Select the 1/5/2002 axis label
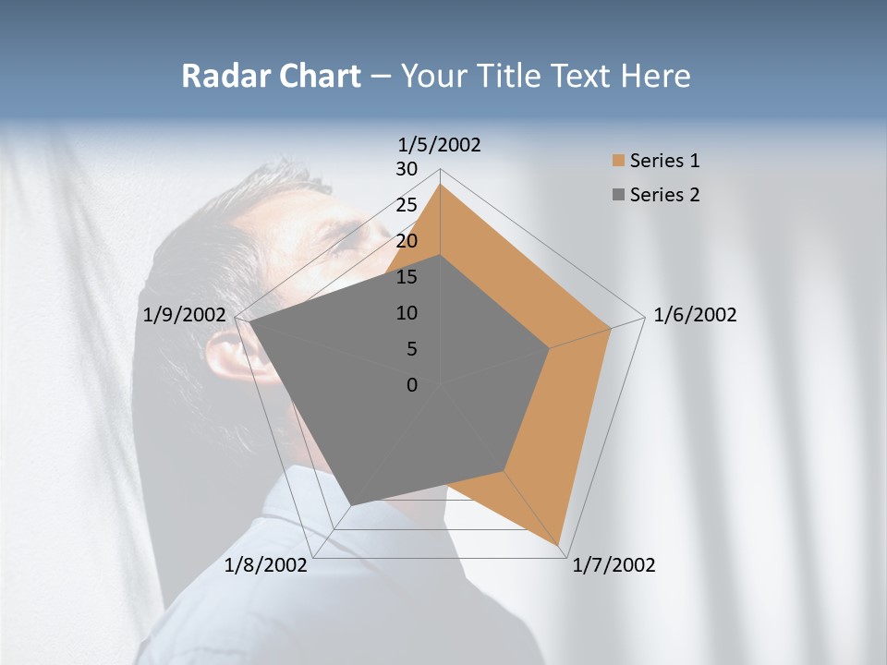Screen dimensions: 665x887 [x=440, y=144]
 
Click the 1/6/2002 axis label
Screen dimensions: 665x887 [x=695, y=315]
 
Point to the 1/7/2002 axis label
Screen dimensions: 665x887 [x=614, y=565]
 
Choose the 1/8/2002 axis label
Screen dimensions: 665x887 [x=266, y=565]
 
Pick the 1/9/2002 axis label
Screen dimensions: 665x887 [x=185, y=315]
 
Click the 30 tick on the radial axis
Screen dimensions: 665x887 [x=407, y=169]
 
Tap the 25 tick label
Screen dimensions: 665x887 [x=407, y=205]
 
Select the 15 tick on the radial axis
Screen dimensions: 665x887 [x=407, y=277]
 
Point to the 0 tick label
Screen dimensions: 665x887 [x=412, y=385]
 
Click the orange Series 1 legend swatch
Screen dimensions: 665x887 [x=618, y=162]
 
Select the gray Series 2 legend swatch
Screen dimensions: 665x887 [x=618, y=195]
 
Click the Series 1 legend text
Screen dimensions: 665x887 [x=664, y=161]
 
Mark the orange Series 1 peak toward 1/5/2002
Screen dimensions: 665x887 [x=440, y=186]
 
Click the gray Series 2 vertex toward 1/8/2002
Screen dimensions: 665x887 [x=350, y=505]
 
